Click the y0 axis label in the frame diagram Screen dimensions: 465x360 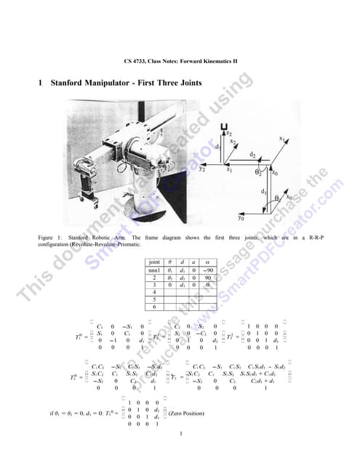[240, 217]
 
